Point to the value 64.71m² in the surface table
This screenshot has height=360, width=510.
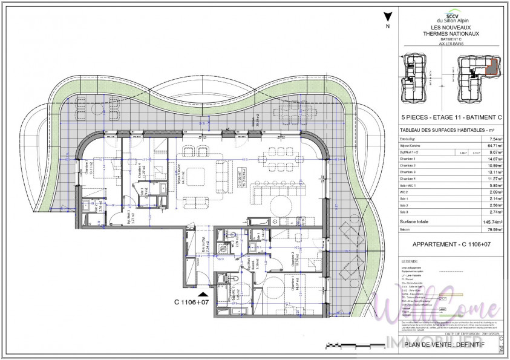click(x=489, y=146)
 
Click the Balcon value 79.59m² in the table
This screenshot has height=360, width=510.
click(x=488, y=229)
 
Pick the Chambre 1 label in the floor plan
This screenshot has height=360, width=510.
click(x=294, y=283)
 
